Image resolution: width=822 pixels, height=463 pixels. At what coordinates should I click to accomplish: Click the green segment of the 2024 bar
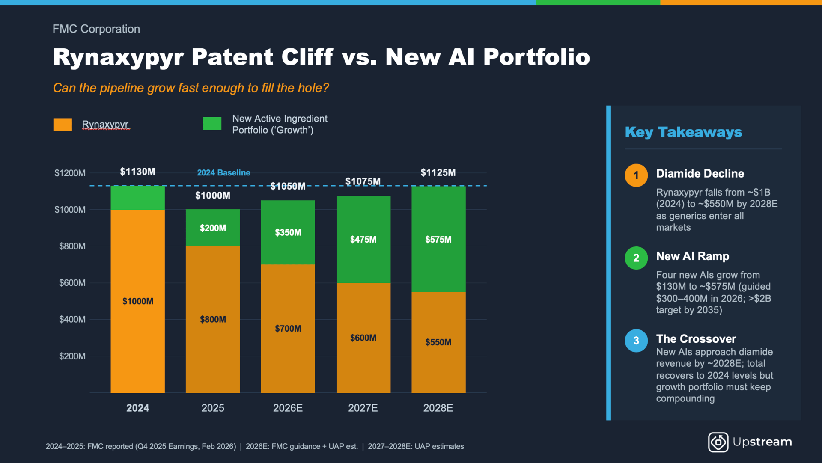click(x=137, y=198)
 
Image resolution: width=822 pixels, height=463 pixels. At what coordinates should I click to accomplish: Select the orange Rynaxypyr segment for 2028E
click(x=438, y=342)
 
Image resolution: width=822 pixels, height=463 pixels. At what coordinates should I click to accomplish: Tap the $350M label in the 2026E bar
click(x=288, y=233)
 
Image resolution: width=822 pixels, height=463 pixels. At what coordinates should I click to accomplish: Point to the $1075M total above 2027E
click(x=363, y=181)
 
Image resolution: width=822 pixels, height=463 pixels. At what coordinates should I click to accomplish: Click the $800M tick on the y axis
click(x=72, y=246)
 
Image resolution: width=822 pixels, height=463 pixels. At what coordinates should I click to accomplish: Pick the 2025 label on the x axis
click(x=213, y=408)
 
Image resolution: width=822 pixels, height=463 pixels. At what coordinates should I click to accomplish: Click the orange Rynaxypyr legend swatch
click(x=63, y=125)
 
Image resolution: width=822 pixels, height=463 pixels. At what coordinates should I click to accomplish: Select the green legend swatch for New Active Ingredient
click(x=212, y=123)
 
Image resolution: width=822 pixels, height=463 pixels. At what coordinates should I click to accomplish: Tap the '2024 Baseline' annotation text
click(x=223, y=173)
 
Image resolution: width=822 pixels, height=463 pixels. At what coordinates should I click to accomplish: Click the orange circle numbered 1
click(x=636, y=175)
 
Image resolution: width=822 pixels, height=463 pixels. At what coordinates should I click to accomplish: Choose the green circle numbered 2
click(x=636, y=258)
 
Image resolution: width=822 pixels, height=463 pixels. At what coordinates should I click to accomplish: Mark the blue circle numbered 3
click(x=636, y=341)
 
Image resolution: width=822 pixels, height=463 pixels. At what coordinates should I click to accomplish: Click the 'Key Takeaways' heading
click(x=683, y=132)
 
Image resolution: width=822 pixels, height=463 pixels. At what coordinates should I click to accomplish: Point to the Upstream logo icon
click(x=718, y=442)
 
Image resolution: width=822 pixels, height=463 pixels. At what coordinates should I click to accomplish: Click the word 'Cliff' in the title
click(x=307, y=57)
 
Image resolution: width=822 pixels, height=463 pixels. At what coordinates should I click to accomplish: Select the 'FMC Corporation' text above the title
click(x=96, y=29)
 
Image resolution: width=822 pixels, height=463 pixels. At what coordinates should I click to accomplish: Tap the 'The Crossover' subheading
click(x=696, y=339)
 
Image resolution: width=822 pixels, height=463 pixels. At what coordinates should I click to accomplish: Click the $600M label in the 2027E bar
click(x=363, y=338)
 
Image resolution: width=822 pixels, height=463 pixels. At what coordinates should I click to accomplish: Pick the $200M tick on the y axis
click(x=72, y=356)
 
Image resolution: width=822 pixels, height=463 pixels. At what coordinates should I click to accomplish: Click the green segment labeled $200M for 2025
click(x=213, y=228)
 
